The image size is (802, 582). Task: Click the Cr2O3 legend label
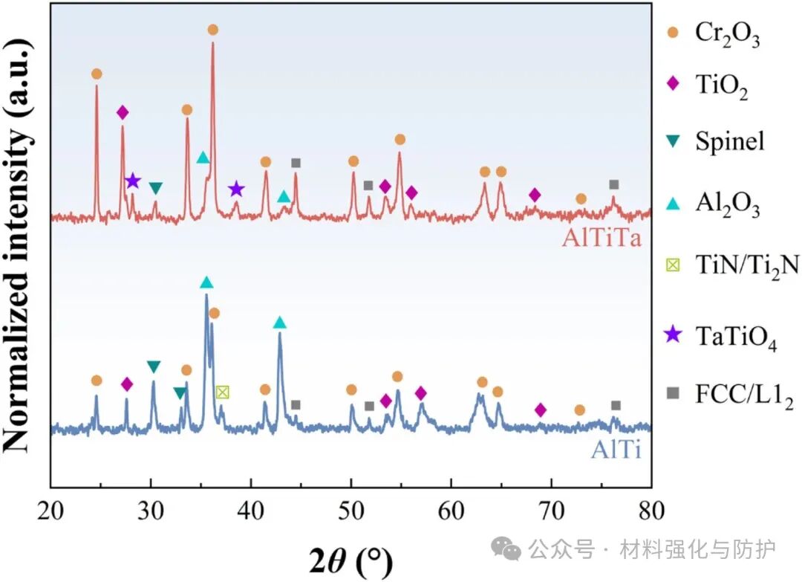coord(727,36)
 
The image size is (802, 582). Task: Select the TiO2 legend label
coord(720,88)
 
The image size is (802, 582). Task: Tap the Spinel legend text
coord(729,140)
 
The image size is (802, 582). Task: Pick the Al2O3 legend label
coord(727,205)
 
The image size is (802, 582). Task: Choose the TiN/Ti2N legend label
coord(747,265)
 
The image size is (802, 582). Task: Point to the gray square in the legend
coord(672,401)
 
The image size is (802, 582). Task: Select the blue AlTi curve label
coord(616,449)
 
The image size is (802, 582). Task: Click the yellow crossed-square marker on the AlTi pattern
coord(223,392)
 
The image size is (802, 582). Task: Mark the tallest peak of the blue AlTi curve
coord(206,296)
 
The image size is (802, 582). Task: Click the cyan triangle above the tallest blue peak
coord(206,282)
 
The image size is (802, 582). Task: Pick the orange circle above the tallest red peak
coord(213,30)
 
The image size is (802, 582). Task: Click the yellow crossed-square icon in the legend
coord(672,265)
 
